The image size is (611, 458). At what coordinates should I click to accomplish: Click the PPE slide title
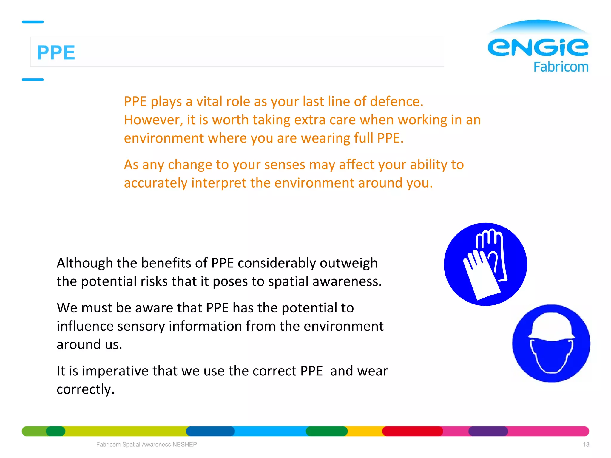coord(56,52)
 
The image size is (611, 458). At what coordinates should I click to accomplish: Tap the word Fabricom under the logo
coord(561,67)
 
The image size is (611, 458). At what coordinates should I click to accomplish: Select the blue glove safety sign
coord(485,264)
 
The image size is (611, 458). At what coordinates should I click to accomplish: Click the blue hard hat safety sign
coord(551,343)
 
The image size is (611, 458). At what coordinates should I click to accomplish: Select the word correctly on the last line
coord(85,389)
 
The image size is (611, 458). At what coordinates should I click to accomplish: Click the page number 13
coord(586,445)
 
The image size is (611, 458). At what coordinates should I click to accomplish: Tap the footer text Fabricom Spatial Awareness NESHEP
coord(146,445)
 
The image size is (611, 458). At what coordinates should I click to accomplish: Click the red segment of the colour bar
coord(412,431)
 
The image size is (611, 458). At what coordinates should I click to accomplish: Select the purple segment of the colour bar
coord(488,431)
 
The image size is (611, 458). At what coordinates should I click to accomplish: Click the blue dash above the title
coord(33,22)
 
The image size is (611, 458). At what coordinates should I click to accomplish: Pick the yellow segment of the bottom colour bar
coord(365,431)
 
